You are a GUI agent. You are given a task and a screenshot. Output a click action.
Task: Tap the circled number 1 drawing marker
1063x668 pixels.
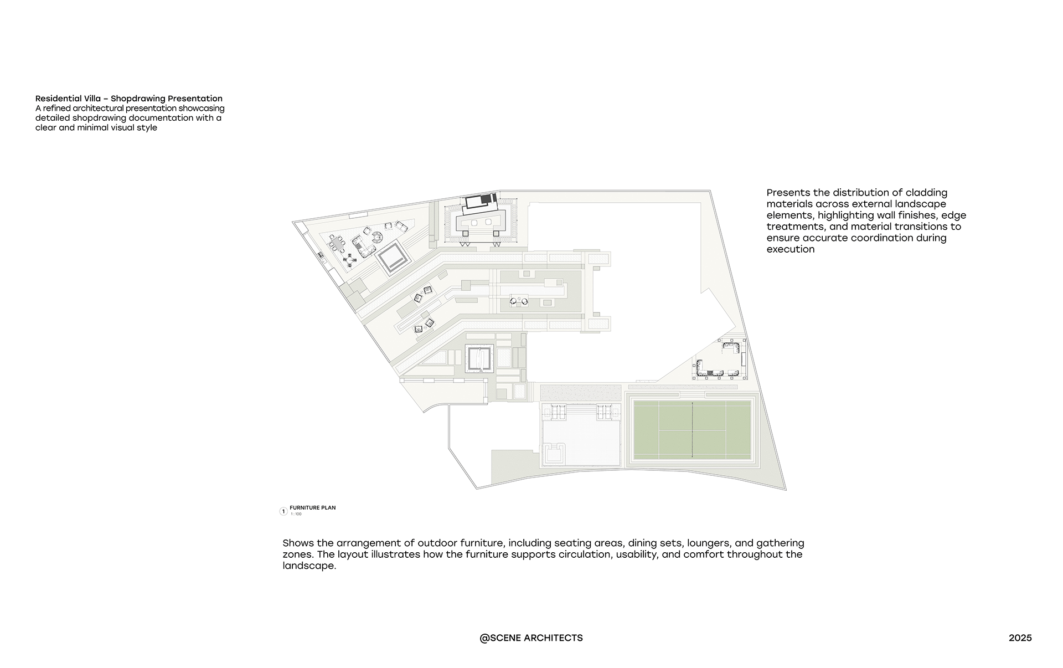click(x=283, y=511)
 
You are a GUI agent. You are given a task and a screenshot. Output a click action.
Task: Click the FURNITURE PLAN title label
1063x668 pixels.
click(x=312, y=507)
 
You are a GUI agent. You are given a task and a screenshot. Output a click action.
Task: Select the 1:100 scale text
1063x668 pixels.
click(x=296, y=515)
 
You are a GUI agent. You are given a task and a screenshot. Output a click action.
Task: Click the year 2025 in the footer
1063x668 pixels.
click(x=1020, y=638)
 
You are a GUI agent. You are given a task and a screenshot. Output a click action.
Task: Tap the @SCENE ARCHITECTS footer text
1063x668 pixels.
click(x=531, y=638)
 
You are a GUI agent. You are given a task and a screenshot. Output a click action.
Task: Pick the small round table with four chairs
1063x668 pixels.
click(x=349, y=259)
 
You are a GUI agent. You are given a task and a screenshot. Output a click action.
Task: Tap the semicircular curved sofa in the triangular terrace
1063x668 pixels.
click(x=377, y=238)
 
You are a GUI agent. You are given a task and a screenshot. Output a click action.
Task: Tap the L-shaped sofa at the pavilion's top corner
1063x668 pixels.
click(x=732, y=348)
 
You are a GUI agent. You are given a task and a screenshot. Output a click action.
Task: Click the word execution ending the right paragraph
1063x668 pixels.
click(x=790, y=249)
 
